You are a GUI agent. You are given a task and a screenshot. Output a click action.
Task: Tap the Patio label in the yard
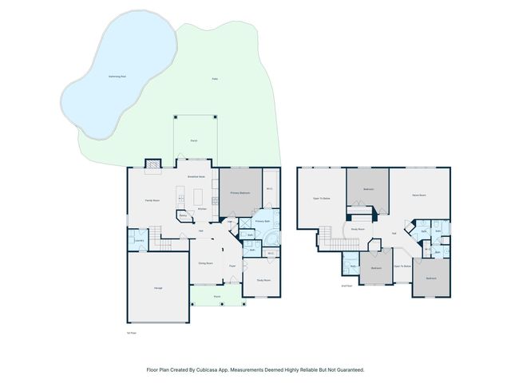point(215,78)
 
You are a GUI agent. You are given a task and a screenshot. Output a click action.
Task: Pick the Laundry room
point(138,239)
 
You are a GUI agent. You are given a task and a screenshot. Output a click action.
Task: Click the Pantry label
point(182,215)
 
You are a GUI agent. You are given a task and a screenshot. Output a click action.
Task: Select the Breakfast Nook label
point(196,176)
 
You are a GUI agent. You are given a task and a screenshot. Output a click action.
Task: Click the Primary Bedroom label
point(241,193)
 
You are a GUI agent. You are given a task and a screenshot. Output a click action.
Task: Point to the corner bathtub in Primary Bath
point(271,239)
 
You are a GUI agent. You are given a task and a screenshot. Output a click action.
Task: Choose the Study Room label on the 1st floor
point(263,280)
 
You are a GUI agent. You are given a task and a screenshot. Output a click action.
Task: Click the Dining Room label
point(205,263)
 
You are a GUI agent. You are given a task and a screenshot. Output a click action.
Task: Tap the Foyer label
point(232,266)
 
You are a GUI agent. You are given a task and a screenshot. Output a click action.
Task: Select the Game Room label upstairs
point(418,195)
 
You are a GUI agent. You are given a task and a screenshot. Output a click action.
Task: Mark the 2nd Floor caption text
point(347,285)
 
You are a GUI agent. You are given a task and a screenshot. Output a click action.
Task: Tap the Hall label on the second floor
point(394,233)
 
